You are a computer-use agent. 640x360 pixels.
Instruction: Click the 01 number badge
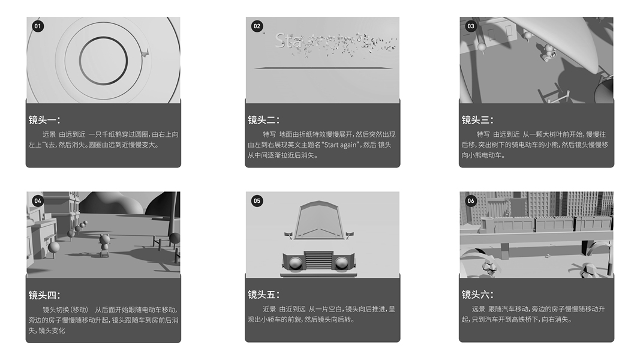coord(38,26)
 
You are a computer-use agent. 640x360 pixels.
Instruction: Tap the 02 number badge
coord(257,26)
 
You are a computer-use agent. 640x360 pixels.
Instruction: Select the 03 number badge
coord(471,26)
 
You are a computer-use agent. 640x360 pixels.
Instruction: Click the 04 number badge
coord(38,201)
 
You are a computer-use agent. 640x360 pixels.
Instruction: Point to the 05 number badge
coord(257,201)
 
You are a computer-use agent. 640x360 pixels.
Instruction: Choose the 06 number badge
coord(471,201)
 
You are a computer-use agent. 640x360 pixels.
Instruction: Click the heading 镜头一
coord(44,120)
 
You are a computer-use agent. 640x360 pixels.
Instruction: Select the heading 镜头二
coord(264,120)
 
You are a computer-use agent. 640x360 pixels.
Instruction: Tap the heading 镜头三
coord(477,120)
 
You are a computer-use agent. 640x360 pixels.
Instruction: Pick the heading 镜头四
coord(44,295)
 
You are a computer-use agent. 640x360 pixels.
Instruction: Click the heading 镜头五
coord(264,295)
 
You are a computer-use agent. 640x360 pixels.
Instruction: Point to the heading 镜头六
coord(477,295)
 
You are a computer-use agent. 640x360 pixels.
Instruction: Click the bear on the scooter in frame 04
coord(104,244)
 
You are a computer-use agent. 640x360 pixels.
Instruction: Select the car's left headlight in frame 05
coord(296,263)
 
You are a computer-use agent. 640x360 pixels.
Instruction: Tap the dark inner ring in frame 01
coord(80,61)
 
